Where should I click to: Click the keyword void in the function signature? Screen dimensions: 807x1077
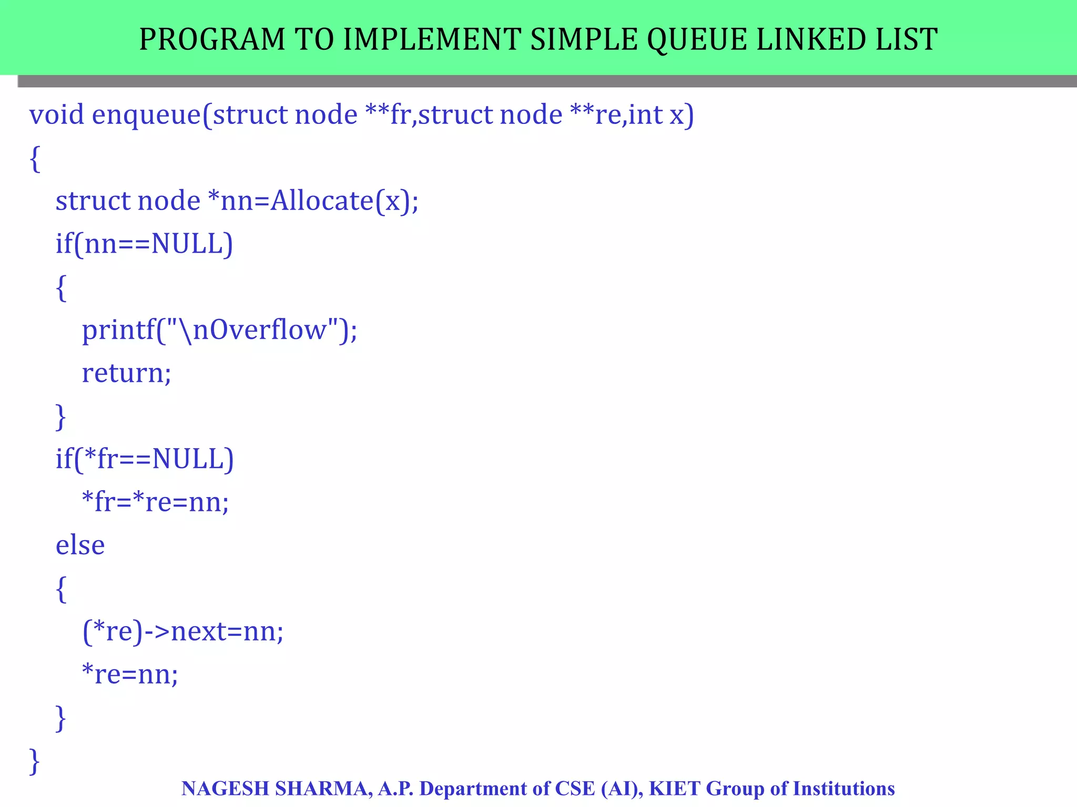[56, 115]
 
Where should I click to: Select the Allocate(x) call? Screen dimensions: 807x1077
[344, 201]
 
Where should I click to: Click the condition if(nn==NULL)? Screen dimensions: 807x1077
[144, 244]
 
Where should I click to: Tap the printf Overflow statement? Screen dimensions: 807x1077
[219, 330]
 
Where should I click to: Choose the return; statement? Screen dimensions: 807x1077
[126, 373]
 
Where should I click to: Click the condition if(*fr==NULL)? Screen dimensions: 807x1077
[145, 459]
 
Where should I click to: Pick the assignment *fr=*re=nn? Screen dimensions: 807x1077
[156, 502]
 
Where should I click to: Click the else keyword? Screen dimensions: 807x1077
[80, 545]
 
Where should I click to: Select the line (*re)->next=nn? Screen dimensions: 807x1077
[183, 632]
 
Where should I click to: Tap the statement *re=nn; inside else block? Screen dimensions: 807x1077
[130, 675]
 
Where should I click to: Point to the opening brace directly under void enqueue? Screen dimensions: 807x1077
[35, 159]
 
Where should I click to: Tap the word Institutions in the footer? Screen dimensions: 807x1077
[844, 789]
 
